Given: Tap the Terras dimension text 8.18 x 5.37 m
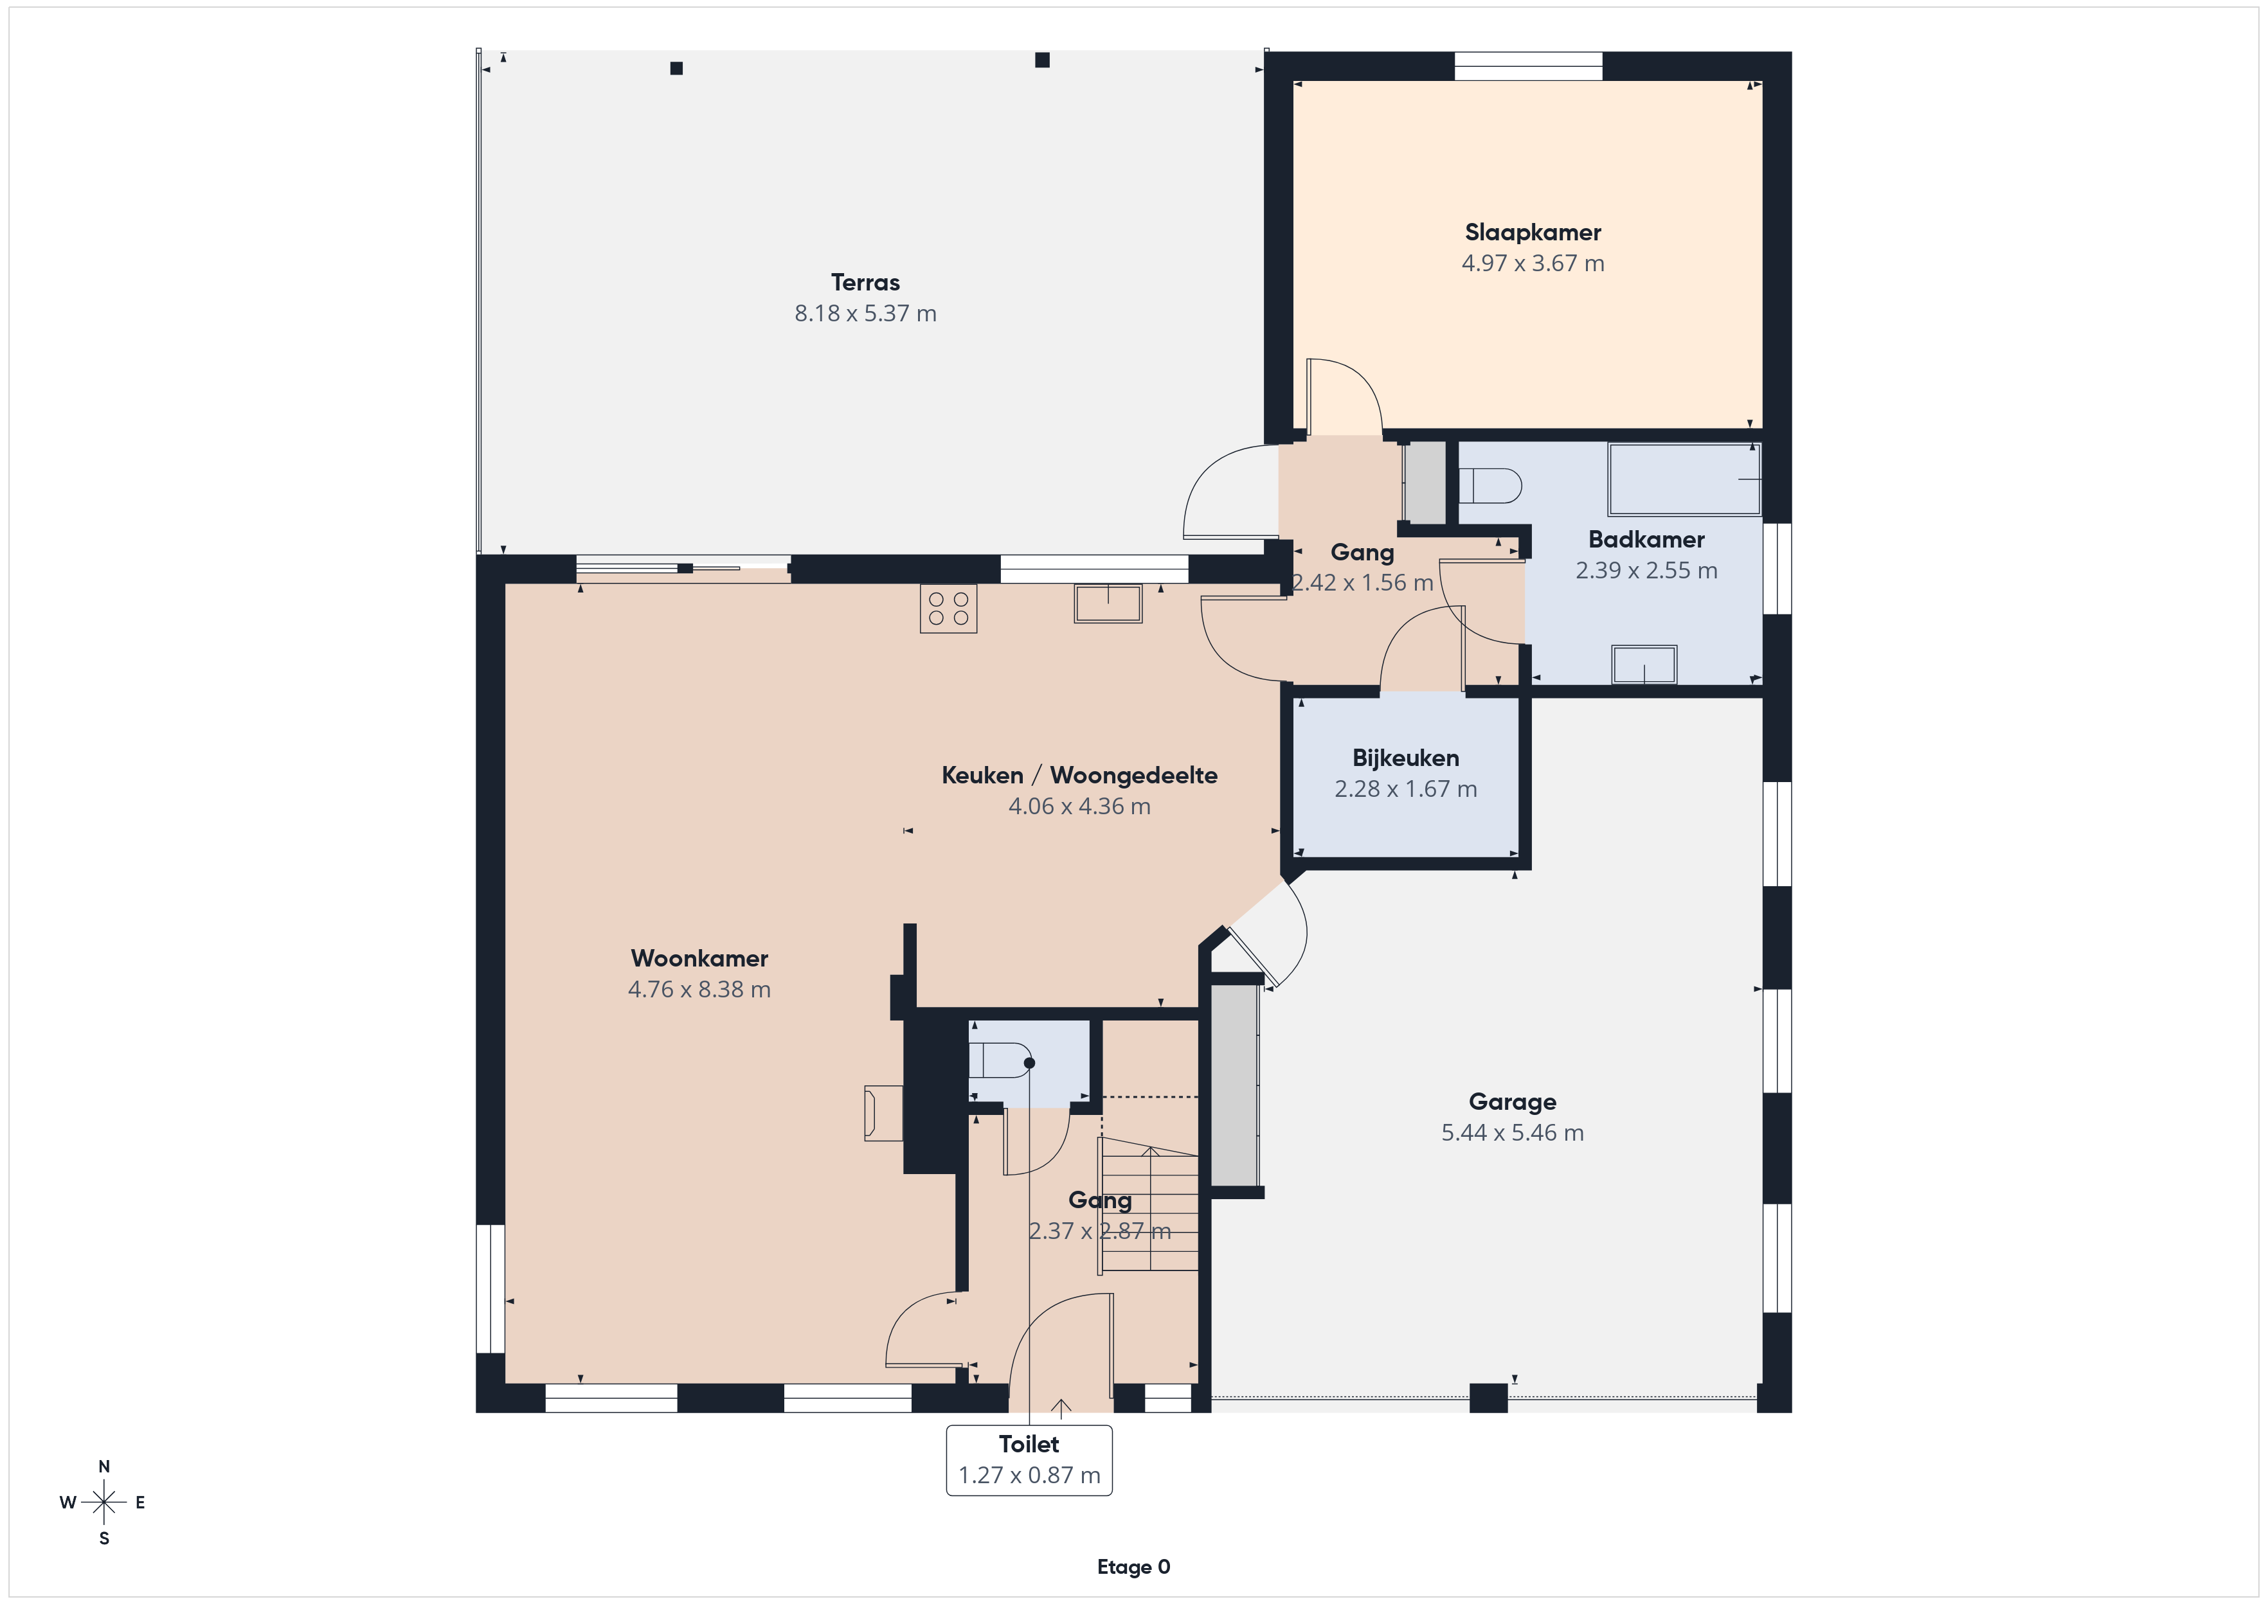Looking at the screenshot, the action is click(x=865, y=313).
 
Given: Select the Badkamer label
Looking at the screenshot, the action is click(x=1646, y=539).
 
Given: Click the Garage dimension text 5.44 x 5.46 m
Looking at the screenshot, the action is click(x=1513, y=1133).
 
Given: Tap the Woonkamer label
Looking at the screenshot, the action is click(x=699, y=958).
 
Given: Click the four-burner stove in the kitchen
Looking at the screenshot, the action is click(x=948, y=609).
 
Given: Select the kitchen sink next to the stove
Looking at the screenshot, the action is click(x=1108, y=603).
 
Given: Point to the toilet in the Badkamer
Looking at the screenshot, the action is click(x=1489, y=486).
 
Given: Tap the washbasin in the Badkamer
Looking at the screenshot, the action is click(x=1644, y=664).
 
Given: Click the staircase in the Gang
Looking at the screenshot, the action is click(x=1149, y=1205).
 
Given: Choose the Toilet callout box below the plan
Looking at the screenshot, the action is click(x=1029, y=1460).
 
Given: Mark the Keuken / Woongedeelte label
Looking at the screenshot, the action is click(x=1079, y=776).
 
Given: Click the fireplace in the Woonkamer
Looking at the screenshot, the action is click(x=883, y=1113).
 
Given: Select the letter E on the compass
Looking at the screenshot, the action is click(x=140, y=1502).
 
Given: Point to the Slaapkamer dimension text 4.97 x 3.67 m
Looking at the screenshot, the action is click(x=1532, y=263).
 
